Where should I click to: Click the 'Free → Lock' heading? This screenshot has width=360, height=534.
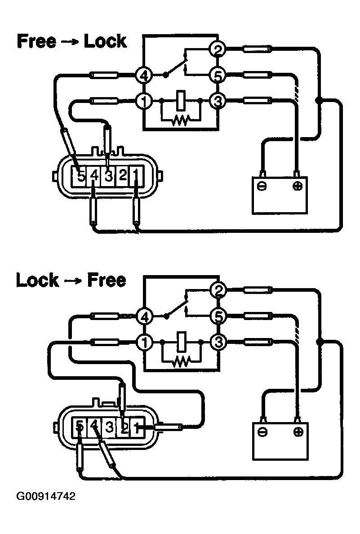(72, 41)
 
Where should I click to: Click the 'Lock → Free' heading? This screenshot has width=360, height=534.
(71, 280)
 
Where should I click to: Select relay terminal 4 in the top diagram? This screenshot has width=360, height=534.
(144, 76)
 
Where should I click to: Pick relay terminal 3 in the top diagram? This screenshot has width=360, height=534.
(218, 101)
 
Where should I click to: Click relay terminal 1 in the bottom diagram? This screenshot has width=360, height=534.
(144, 343)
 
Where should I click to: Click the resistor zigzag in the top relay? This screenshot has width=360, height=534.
(181, 120)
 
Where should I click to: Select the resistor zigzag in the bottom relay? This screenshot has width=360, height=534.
(181, 360)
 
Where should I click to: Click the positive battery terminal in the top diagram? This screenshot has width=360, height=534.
(297, 186)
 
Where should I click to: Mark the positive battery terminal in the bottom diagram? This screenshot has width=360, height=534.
(297, 432)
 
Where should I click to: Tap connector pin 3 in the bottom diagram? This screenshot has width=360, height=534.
(109, 426)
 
